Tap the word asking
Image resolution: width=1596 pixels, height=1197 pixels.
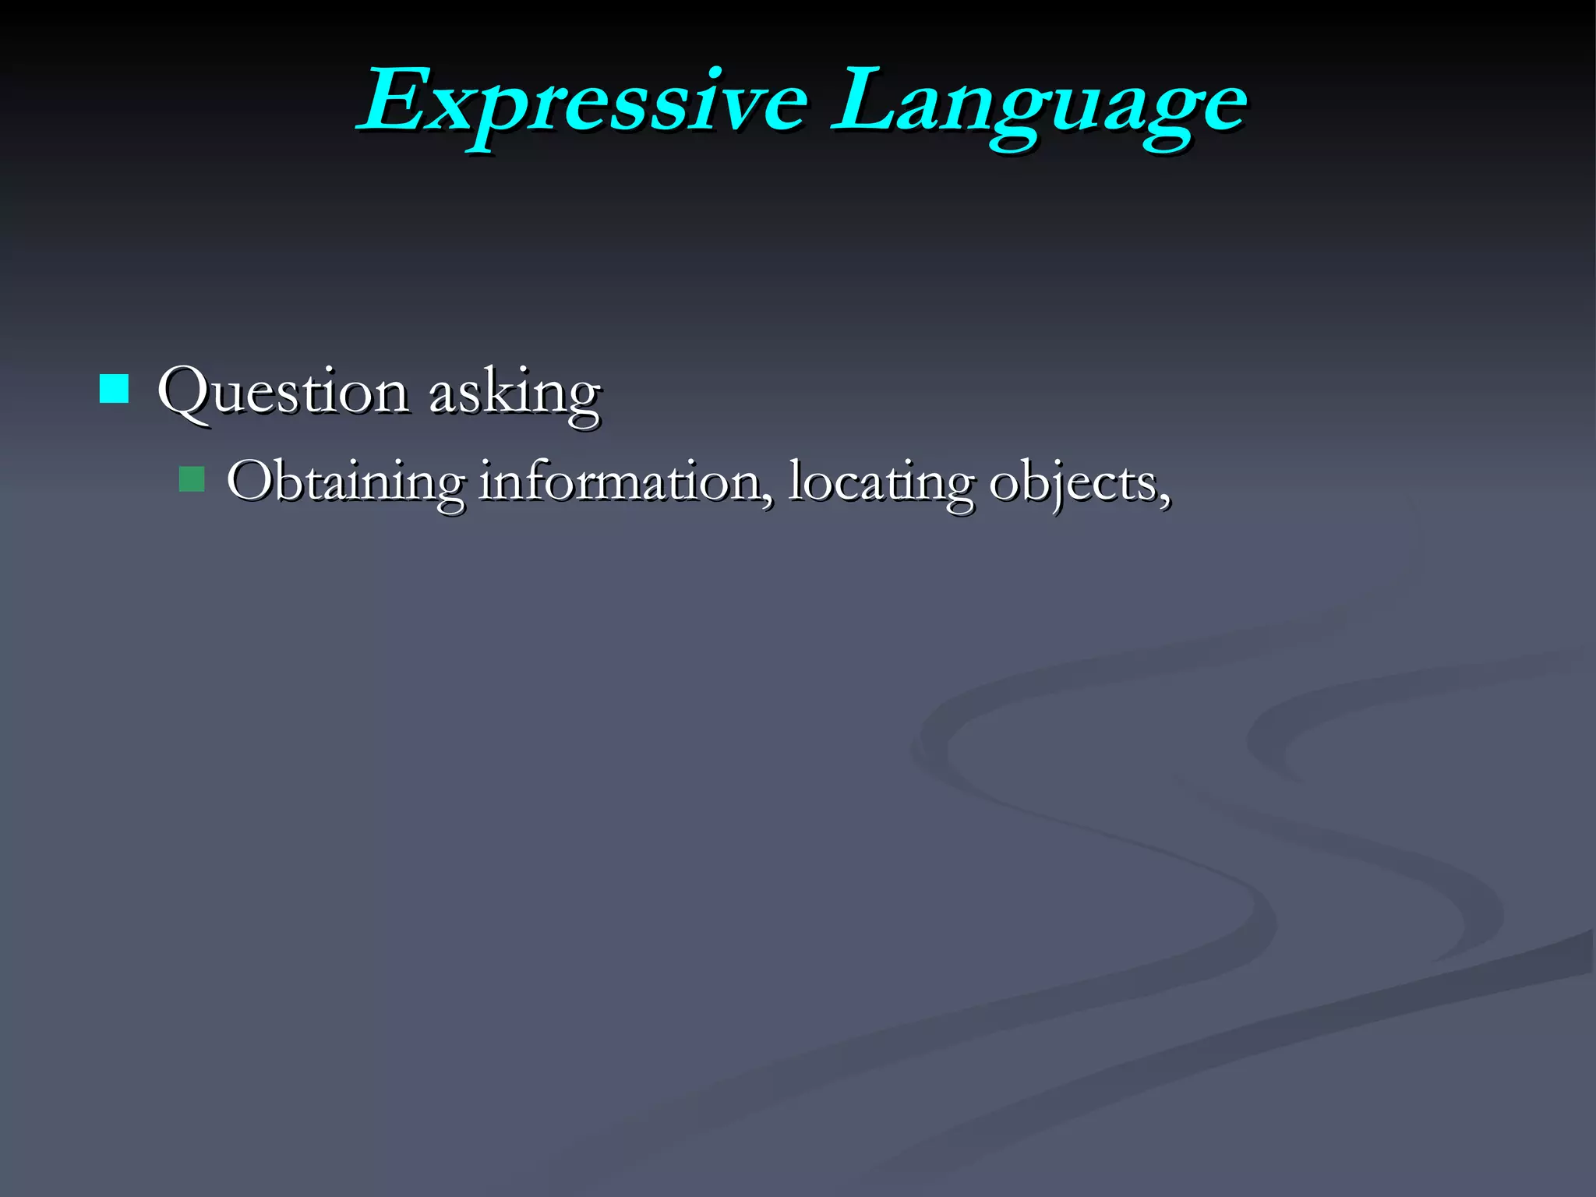(x=514, y=391)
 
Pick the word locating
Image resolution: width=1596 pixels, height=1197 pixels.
(x=881, y=481)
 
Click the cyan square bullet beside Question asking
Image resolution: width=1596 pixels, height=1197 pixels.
(x=114, y=388)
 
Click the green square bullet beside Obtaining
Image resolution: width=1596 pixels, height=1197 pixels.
(x=191, y=479)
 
